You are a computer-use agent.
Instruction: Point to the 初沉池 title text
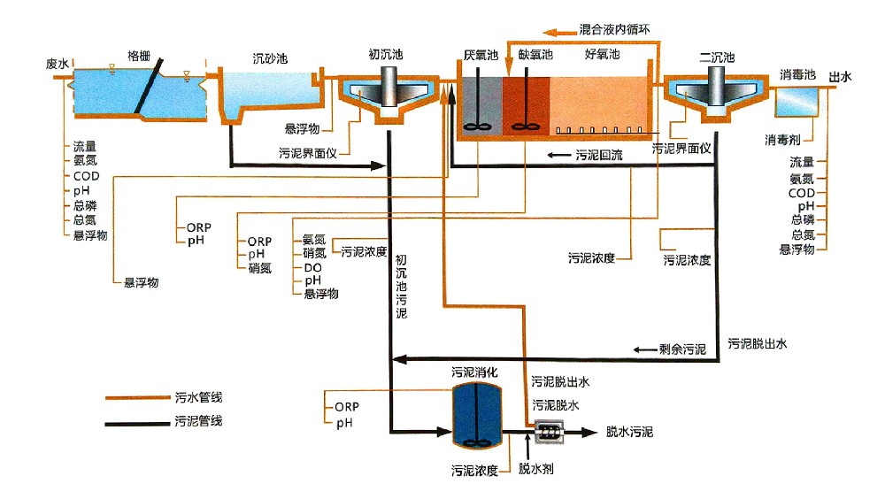click(386, 55)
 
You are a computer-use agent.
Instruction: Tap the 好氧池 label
click(603, 55)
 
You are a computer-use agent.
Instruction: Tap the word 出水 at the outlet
click(840, 77)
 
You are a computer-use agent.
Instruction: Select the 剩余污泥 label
click(682, 350)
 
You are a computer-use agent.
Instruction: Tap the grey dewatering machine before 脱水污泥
click(550, 432)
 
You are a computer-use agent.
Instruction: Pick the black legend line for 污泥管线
click(137, 423)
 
